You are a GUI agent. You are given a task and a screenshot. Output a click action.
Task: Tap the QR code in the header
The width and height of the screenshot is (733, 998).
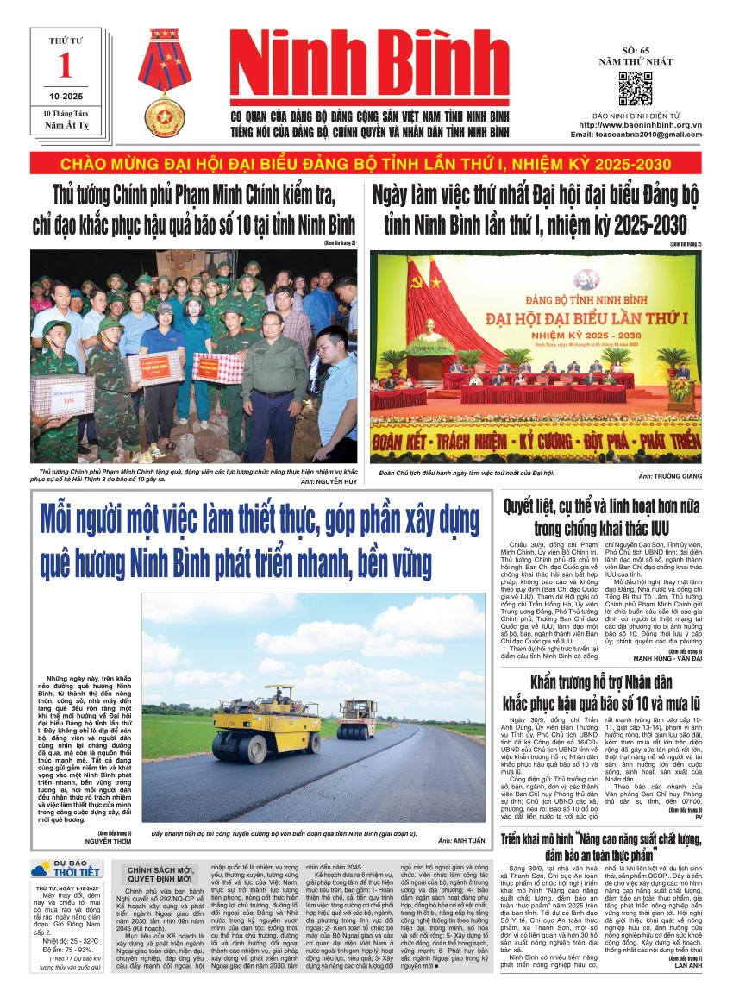[x=636, y=90]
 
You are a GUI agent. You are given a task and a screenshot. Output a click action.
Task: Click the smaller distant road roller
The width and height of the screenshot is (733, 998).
[x=356, y=719]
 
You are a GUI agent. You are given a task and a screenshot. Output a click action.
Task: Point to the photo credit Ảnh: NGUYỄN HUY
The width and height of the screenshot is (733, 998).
[x=318, y=484]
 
